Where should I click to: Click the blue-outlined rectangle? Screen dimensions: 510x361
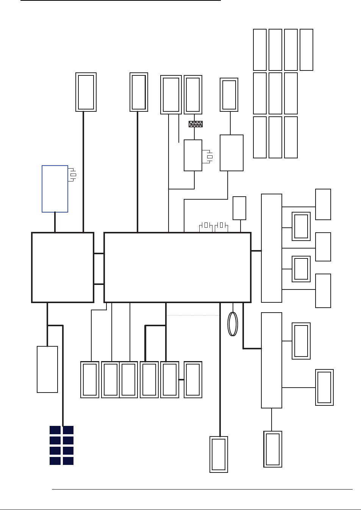pos(55,189)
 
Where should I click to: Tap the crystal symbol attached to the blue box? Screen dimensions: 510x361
pos(73,175)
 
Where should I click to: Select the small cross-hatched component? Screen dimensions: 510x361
pos(195,124)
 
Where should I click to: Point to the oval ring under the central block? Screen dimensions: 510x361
pos(233,324)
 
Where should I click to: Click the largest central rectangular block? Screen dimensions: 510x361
pos(177,267)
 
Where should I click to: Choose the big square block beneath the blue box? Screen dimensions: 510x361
pos(63,267)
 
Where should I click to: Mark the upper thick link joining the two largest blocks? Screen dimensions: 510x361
pos(99,253)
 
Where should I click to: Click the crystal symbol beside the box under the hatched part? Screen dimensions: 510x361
pos(209,156)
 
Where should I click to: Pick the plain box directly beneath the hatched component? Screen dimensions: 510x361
pos(193,155)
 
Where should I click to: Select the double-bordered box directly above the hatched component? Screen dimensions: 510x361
pos(193,95)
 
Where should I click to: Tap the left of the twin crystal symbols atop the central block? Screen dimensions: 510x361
pos(206,225)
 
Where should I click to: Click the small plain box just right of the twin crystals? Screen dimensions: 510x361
pos(239,208)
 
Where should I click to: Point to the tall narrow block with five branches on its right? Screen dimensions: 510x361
pos(271,248)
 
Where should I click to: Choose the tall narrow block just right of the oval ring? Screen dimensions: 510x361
pos(271,360)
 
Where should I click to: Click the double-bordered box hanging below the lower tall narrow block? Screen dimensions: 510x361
pos(273,449)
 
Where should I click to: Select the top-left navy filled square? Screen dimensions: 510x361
pos(55,430)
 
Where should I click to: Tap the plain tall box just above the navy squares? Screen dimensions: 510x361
pos(47,369)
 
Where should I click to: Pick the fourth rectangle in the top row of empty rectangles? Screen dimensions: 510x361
pos(306,50)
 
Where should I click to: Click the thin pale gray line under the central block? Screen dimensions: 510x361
pos(193,315)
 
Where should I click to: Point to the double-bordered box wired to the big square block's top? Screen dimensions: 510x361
pos(86,92)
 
